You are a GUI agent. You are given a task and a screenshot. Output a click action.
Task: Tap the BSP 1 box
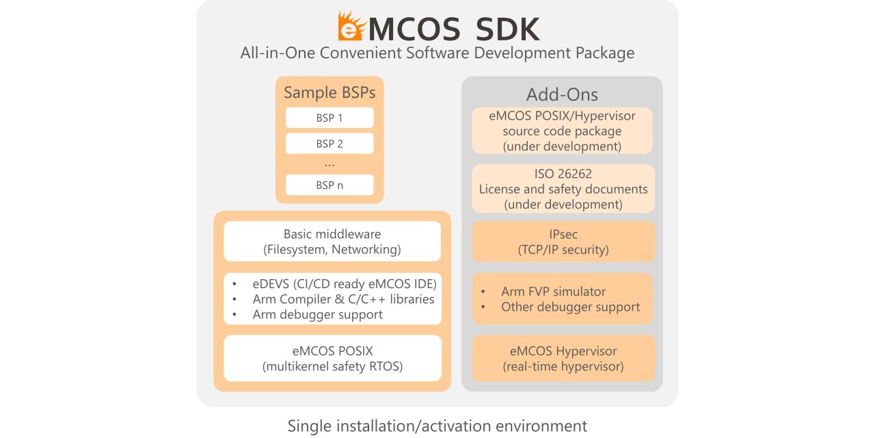[x=329, y=118]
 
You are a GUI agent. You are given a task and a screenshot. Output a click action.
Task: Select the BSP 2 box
[x=329, y=144]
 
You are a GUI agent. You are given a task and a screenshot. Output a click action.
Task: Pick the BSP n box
[x=329, y=185]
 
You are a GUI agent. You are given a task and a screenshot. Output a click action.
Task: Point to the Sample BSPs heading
[x=329, y=92]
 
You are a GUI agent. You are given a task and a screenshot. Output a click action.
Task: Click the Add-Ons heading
[x=562, y=94]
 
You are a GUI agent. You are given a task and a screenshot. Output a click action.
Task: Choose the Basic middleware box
[x=332, y=242]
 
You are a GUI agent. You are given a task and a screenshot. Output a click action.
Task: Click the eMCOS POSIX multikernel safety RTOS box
[x=332, y=359]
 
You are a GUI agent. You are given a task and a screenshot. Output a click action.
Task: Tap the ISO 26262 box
[x=563, y=189]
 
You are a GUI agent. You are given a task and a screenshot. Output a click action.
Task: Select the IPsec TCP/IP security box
[x=563, y=242]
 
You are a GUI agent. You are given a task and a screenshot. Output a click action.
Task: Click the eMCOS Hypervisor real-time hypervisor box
[x=563, y=359]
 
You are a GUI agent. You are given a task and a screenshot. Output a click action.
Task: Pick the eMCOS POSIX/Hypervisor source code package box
[x=562, y=131]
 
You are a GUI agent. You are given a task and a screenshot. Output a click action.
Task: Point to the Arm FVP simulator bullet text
[x=553, y=292]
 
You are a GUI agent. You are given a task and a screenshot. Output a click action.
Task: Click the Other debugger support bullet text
[x=570, y=307]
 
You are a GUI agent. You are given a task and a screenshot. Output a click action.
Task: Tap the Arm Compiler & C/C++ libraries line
[x=343, y=299]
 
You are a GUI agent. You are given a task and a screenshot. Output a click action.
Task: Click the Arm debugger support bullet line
[x=317, y=314]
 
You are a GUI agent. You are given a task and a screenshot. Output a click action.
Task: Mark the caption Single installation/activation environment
[x=437, y=426]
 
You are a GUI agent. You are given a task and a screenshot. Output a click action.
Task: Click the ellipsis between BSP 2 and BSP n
[x=329, y=164]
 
